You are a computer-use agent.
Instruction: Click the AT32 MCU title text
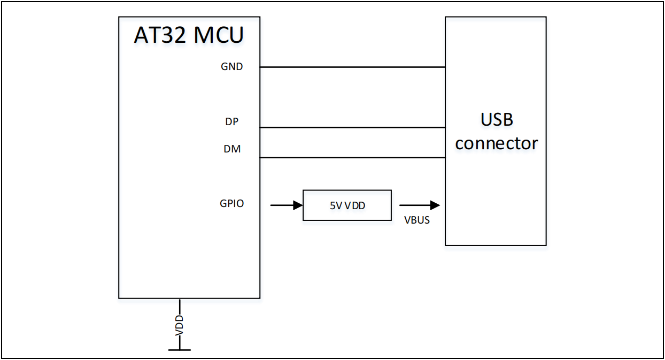coord(189,35)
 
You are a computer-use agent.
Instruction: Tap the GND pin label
coord(231,67)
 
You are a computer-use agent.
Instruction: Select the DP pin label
coord(231,121)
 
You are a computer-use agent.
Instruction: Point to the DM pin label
coord(232,149)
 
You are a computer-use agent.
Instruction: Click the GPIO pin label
coord(231,204)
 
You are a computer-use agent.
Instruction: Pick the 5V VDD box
coord(347,205)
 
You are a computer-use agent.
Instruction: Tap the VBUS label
coord(417,220)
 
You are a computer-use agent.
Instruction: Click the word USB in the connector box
coord(497,119)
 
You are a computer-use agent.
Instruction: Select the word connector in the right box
coord(497,143)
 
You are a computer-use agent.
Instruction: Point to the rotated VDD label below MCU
coord(180,325)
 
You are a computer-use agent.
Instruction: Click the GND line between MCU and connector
coord(352,67)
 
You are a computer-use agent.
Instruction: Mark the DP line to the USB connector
coord(352,127)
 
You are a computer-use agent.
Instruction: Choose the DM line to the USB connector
coord(352,157)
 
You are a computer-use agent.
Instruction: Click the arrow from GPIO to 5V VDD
coord(287,205)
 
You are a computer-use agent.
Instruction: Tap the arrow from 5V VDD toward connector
coord(419,205)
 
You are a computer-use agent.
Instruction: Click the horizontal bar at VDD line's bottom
coord(180,350)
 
